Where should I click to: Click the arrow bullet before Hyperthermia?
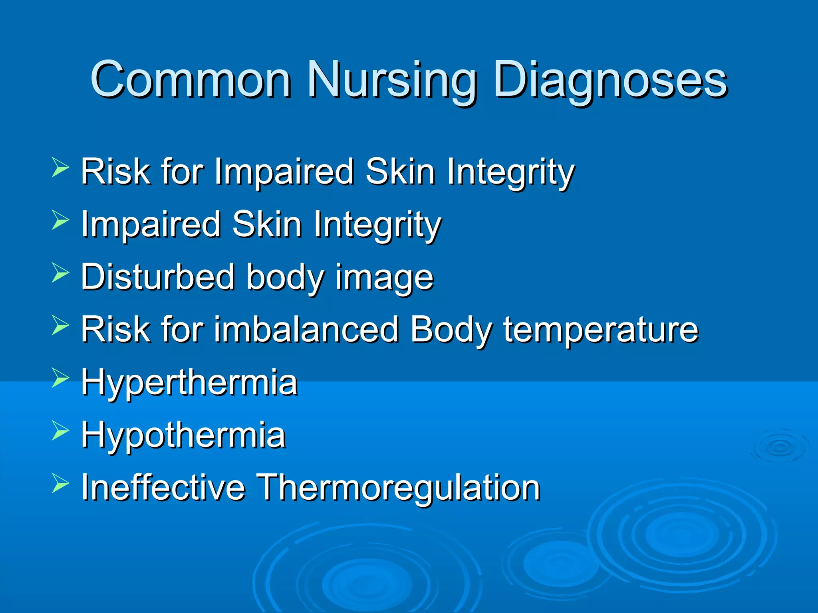tap(60, 378)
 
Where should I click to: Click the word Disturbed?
tap(158, 277)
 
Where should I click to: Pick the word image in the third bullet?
tap(384, 278)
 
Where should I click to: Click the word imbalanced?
tap(306, 330)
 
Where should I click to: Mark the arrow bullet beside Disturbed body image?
tap(60, 273)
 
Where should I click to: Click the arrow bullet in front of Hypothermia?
tap(60, 431)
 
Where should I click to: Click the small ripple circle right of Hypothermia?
tap(778, 447)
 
